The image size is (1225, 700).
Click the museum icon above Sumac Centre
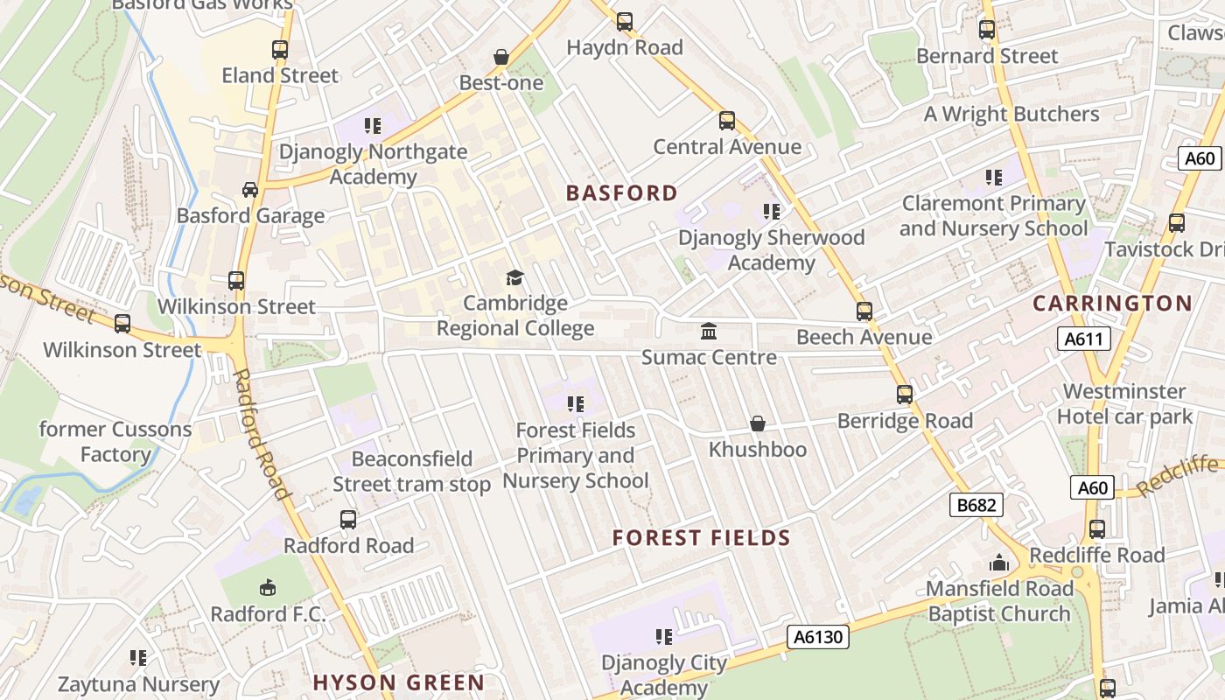click(709, 332)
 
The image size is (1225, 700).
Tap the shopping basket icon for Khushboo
click(758, 424)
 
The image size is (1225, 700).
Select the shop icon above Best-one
click(501, 58)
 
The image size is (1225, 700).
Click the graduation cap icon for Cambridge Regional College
click(514, 278)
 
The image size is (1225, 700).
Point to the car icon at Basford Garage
click(250, 190)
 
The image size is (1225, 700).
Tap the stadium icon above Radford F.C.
click(268, 588)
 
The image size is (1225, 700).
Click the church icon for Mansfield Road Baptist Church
click(998, 563)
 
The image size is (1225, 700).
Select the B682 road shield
click(976, 504)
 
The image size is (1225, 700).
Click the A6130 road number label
click(819, 637)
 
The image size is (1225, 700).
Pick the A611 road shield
click(1083, 339)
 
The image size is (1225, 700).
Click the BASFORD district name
click(622, 193)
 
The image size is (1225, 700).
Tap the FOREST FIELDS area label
click(702, 538)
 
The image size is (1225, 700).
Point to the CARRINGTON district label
click(1112, 304)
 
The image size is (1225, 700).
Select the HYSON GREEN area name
click(399, 682)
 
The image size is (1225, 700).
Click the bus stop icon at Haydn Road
click(625, 22)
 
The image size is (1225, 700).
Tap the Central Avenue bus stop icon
click(727, 121)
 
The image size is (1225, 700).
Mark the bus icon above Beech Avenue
click(864, 311)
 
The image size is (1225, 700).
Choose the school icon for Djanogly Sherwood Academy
click(771, 212)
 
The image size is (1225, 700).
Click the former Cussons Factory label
click(115, 442)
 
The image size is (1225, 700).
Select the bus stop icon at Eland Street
click(280, 50)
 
